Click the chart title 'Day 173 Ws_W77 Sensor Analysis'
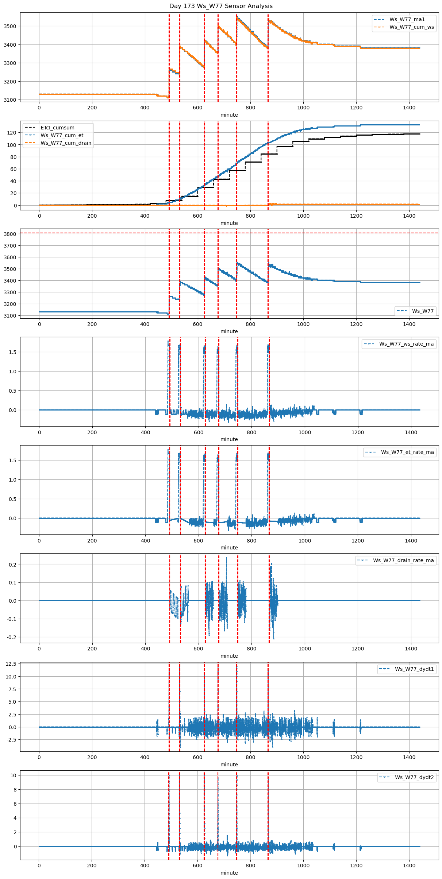click(221, 6)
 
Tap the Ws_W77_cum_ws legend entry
click(411, 27)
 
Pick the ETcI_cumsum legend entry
click(57, 128)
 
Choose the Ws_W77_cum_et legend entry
click(62, 135)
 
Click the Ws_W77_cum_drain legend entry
click(66, 143)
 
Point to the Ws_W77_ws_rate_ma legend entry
click(406, 344)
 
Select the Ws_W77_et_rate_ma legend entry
click(407, 452)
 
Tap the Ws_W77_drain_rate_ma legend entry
click(403, 560)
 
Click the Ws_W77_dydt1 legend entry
click(414, 669)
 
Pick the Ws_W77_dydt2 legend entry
click(414, 777)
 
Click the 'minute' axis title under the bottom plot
click(229, 873)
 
